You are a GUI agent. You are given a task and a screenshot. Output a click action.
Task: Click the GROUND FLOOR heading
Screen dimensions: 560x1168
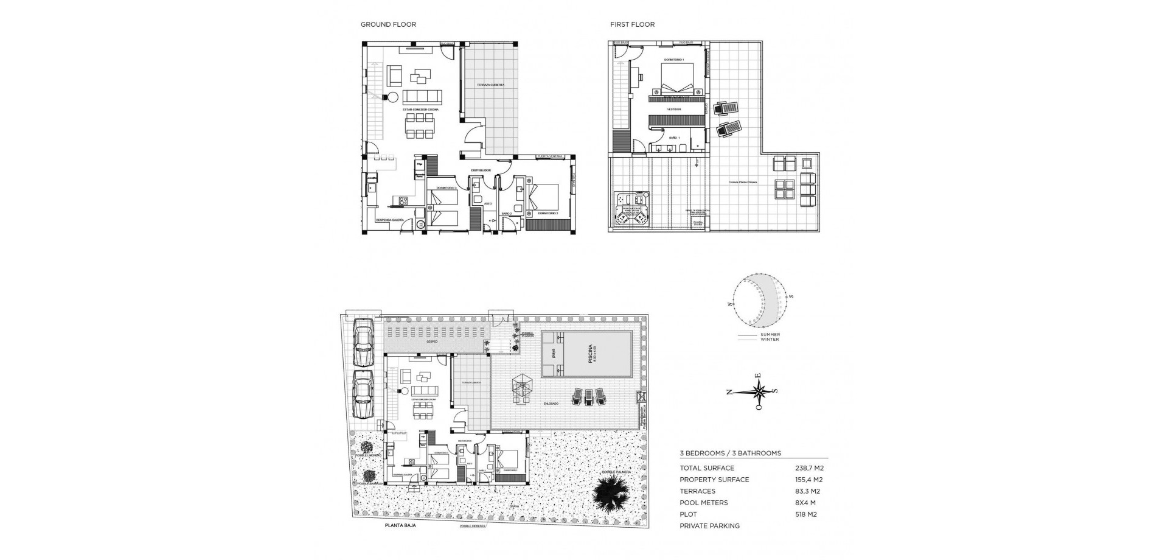[x=388, y=25]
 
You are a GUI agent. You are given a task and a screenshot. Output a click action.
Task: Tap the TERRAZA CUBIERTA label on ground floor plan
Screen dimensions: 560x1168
[x=490, y=85]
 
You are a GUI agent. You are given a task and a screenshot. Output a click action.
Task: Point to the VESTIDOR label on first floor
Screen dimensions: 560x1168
[x=673, y=110]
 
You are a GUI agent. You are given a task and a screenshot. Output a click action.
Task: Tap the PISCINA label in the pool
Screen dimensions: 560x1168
[x=590, y=354]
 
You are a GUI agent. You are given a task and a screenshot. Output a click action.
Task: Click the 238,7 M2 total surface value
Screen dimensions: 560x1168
[x=809, y=468]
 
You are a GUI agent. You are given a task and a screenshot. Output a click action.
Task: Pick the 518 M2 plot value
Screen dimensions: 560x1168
[x=805, y=514]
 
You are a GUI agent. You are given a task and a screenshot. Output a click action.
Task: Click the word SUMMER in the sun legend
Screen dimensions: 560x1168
[x=770, y=335]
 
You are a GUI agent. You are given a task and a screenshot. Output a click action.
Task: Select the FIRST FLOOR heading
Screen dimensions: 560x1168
[x=632, y=25]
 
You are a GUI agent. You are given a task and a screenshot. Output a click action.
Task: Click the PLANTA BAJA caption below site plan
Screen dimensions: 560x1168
[x=400, y=525]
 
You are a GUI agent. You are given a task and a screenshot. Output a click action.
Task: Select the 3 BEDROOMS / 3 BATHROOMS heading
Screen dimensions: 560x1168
[x=730, y=453]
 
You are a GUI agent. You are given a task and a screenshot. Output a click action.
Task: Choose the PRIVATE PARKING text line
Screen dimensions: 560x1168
[x=709, y=526]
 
